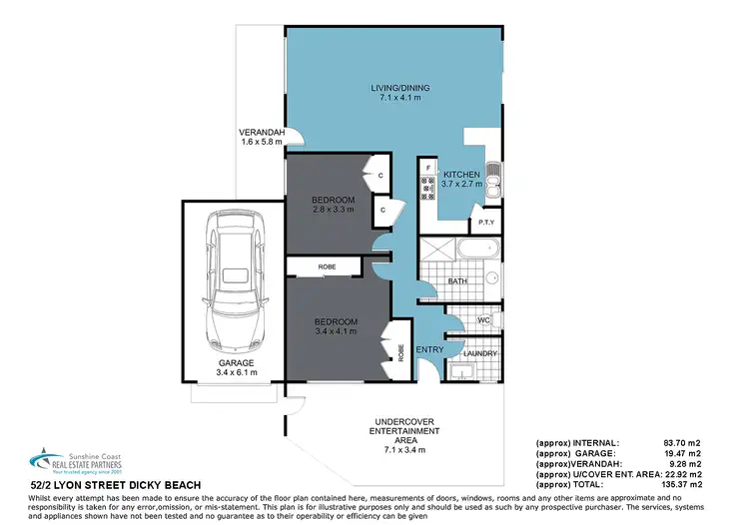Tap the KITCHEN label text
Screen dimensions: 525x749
click(x=462, y=177)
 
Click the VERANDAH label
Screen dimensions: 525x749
click(x=262, y=137)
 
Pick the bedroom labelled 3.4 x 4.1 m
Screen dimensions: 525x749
click(x=335, y=325)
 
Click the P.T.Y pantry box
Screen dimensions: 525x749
click(x=487, y=222)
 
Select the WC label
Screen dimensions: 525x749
click(x=483, y=320)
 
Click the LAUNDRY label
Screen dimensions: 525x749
click(x=480, y=353)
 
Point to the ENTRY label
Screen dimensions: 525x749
click(x=429, y=349)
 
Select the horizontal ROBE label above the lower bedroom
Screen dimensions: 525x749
click(x=328, y=267)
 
